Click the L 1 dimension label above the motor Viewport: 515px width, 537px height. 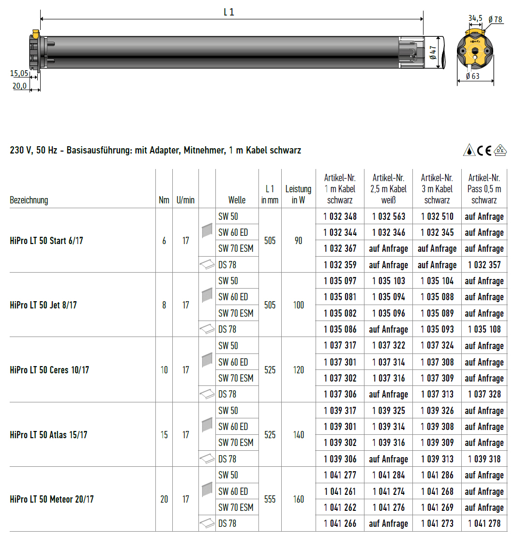[229, 13]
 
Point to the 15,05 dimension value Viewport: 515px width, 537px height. [19, 74]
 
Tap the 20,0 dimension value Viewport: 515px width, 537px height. [19, 86]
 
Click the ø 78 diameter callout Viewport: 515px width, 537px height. [495, 19]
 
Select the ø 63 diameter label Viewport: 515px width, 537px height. [472, 76]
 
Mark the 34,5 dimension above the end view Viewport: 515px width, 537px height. [475, 18]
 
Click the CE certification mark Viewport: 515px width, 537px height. [485, 150]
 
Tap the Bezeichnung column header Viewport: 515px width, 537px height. [29, 200]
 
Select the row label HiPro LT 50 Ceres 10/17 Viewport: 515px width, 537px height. [49, 370]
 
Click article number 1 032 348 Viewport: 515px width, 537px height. [340, 216]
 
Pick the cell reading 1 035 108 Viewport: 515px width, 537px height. [484, 329]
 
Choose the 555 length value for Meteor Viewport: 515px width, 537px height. [270, 499]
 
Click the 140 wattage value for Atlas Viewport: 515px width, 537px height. [298, 435]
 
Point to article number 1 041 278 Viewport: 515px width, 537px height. [484, 523]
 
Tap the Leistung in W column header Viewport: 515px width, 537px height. [298, 194]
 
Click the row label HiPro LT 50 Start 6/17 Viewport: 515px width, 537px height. [46, 241]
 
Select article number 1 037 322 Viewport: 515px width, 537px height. [389, 346]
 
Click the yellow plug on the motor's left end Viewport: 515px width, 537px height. [35, 33]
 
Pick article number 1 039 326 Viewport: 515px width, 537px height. [437, 411]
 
